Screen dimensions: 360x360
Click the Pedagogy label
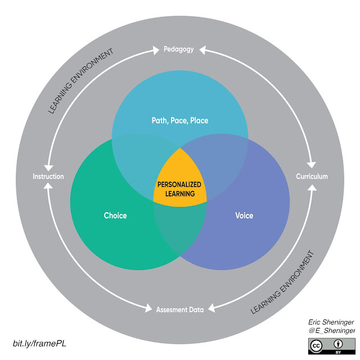(179, 49)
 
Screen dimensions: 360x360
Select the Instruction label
(48, 176)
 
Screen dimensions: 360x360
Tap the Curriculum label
(312, 176)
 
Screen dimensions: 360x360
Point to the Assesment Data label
(179, 308)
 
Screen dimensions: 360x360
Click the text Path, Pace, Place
(179, 120)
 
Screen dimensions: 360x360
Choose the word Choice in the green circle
(115, 215)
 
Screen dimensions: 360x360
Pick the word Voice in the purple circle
(244, 215)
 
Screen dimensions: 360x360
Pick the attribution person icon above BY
(343, 343)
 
